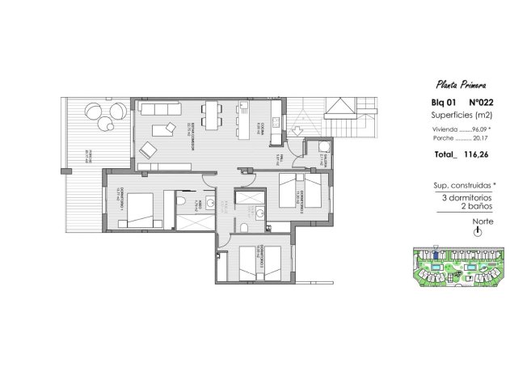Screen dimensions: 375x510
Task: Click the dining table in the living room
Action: coord(212,114)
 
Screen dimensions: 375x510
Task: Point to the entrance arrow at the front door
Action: coord(297,127)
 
